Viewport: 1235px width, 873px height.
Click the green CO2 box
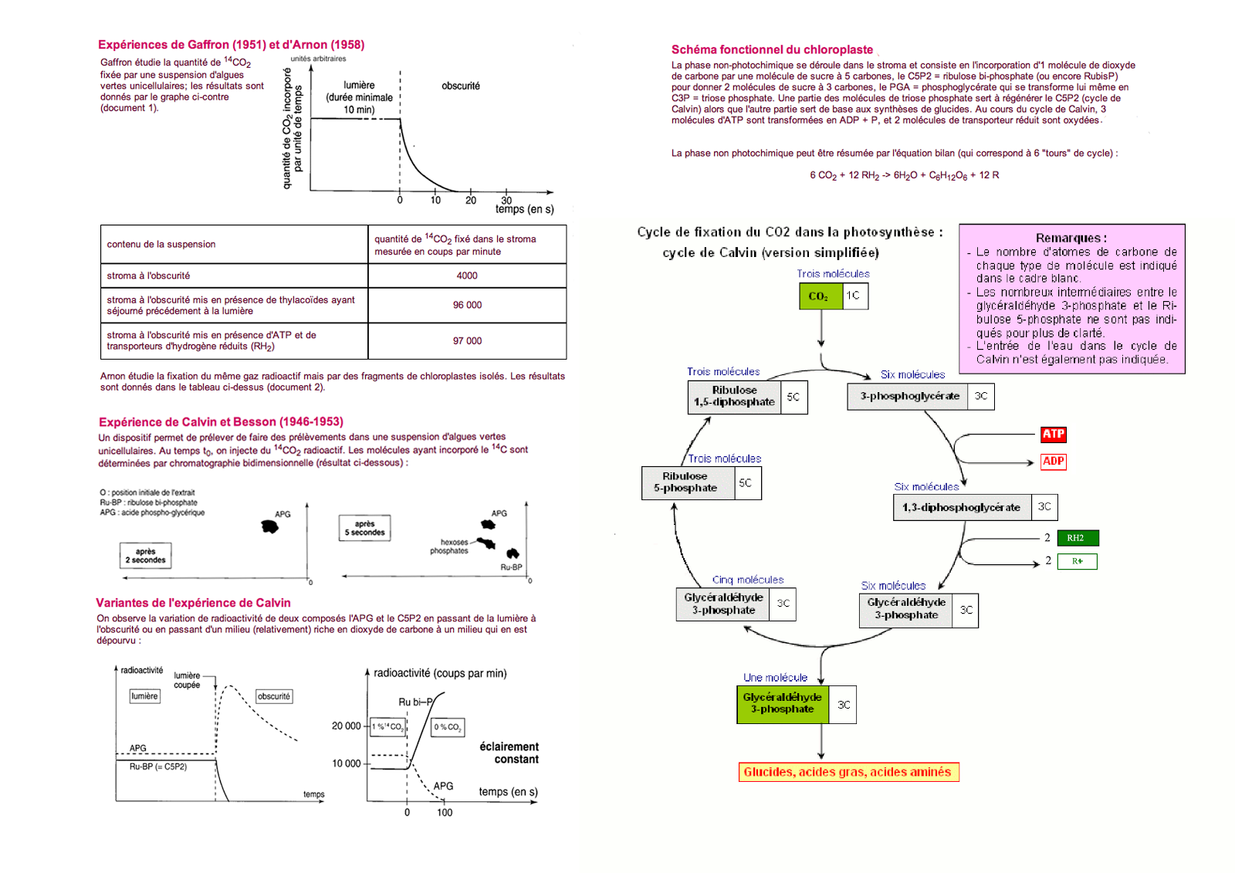click(x=820, y=296)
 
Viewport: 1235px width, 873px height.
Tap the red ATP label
click(x=1053, y=435)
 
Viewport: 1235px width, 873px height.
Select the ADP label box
click(x=1053, y=462)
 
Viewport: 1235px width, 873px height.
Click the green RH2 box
click(x=1077, y=538)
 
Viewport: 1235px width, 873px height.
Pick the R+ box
click(x=1077, y=561)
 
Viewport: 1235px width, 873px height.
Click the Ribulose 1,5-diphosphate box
click(x=735, y=397)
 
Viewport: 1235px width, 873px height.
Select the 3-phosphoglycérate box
click(x=909, y=397)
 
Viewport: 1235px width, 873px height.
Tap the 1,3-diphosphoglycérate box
click(x=962, y=508)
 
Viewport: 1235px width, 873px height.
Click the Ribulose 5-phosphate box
click(x=687, y=482)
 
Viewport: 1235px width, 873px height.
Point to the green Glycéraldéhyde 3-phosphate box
click(x=783, y=704)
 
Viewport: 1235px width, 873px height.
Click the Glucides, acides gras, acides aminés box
click(x=848, y=773)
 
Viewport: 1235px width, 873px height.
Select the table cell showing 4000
click(x=467, y=276)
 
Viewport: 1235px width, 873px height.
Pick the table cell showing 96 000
click(x=467, y=305)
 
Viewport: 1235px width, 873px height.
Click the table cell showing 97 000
click(x=467, y=341)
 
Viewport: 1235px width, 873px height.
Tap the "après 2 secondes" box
click(x=145, y=556)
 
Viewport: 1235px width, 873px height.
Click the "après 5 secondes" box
click(x=364, y=528)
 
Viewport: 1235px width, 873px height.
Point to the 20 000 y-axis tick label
click(x=346, y=726)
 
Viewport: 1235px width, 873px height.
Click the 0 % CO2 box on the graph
click(x=448, y=727)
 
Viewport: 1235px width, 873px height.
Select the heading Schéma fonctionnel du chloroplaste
click(x=772, y=49)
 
